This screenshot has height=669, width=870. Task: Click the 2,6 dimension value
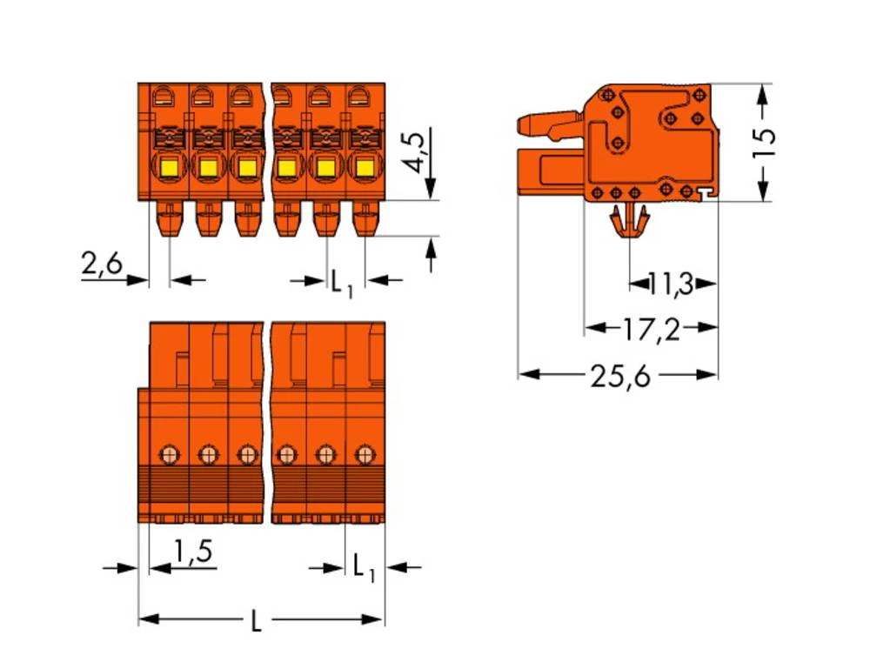pyautogui.click(x=103, y=264)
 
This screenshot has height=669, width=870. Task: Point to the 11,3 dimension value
pyautogui.click(x=671, y=283)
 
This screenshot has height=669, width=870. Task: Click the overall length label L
pyautogui.click(x=256, y=620)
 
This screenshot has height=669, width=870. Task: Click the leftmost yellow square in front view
pyautogui.click(x=168, y=166)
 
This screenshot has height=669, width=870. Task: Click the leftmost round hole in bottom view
pyautogui.click(x=169, y=453)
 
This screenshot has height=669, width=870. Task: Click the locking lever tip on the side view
pyautogui.click(x=524, y=124)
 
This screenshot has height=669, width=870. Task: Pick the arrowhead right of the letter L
pyautogui.click(x=377, y=619)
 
